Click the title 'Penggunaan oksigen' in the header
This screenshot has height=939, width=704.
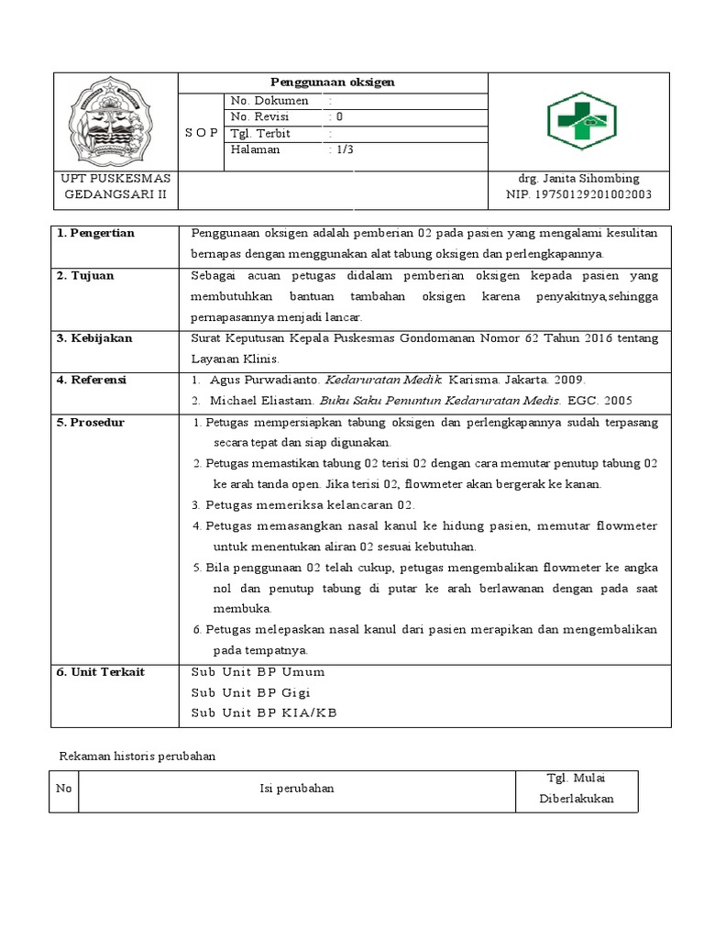[332, 82]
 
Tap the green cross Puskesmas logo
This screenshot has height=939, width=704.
[582, 121]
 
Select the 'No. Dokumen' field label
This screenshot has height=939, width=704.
[269, 101]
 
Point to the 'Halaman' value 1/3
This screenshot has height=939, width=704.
[341, 150]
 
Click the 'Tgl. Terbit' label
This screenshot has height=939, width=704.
[260, 134]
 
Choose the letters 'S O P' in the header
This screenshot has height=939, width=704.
[202, 133]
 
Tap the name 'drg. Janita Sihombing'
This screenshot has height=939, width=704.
[578, 178]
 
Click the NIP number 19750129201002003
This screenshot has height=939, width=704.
[578, 194]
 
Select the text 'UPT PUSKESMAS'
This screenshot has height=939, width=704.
[115, 178]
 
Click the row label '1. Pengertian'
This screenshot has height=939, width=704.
[95, 233]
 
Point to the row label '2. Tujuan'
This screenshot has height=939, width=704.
[85, 275]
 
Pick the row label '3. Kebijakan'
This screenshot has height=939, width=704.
[94, 338]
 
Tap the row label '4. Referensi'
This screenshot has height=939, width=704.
[92, 380]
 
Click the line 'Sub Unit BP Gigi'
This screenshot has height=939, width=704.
[251, 692]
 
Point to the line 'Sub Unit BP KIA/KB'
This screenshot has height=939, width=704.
[264, 713]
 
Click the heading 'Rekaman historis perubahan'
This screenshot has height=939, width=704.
[137, 757]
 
